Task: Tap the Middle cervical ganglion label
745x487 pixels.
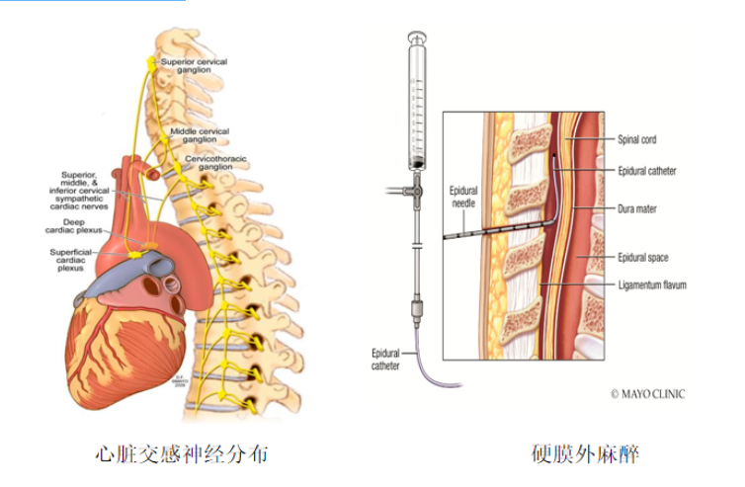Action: [200, 134]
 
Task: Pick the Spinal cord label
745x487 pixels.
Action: [637, 139]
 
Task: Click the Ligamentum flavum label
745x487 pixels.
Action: [652, 284]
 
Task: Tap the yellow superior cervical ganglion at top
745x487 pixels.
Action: [151, 62]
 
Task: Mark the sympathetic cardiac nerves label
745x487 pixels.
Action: [83, 188]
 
